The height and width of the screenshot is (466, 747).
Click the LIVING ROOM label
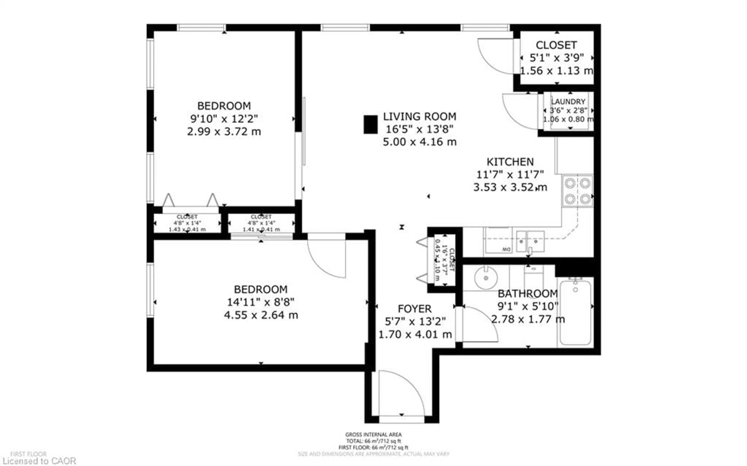coord(419,116)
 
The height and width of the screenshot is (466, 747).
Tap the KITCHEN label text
coord(510,162)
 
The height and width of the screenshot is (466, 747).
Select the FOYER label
coord(415,309)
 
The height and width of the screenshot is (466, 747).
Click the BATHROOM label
coord(528,293)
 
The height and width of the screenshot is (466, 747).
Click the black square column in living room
coord(370,124)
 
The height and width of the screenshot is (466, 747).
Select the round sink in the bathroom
coord(486,278)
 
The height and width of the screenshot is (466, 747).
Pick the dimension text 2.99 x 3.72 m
coord(224,132)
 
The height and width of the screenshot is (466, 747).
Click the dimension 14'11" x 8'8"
coord(261,302)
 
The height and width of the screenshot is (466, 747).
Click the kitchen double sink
coord(530,241)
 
